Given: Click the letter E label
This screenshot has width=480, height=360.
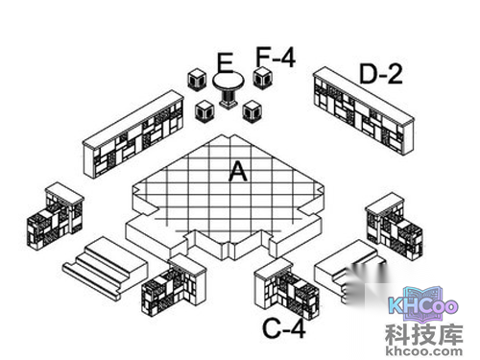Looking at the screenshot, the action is click(x=225, y=64).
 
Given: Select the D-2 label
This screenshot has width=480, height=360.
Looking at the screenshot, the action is click(x=381, y=72).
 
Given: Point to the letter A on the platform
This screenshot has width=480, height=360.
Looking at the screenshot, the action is click(x=237, y=171).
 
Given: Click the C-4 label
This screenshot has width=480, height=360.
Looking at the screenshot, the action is click(x=284, y=329).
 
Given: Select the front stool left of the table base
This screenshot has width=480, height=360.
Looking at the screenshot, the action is click(x=204, y=110).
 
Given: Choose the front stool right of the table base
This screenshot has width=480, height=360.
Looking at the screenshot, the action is click(x=253, y=109).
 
